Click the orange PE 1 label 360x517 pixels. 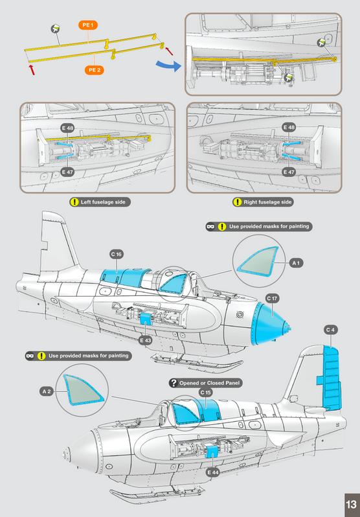click(88, 25)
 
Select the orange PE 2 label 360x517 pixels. click(95, 70)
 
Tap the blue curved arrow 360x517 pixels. click(168, 65)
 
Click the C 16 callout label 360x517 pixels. click(116, 254)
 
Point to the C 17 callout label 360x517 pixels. click(273, 299)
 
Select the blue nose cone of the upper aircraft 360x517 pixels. click(269, 325)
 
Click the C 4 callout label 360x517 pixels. click(330, 330)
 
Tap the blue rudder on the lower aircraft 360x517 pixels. click(331, 378)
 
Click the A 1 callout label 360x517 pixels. click(296, 263)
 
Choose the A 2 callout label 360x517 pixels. click(47, 391)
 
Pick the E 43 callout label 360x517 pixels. click(146, 341)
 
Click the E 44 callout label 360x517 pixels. click(213, 472)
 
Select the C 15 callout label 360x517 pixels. click(206, 393)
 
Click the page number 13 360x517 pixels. click(351, 505)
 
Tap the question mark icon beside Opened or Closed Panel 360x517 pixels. click(174, 383)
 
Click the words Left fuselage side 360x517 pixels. click(103, 202)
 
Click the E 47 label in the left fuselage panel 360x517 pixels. click(67, 172)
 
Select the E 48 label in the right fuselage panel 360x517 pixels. click(289, 127)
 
